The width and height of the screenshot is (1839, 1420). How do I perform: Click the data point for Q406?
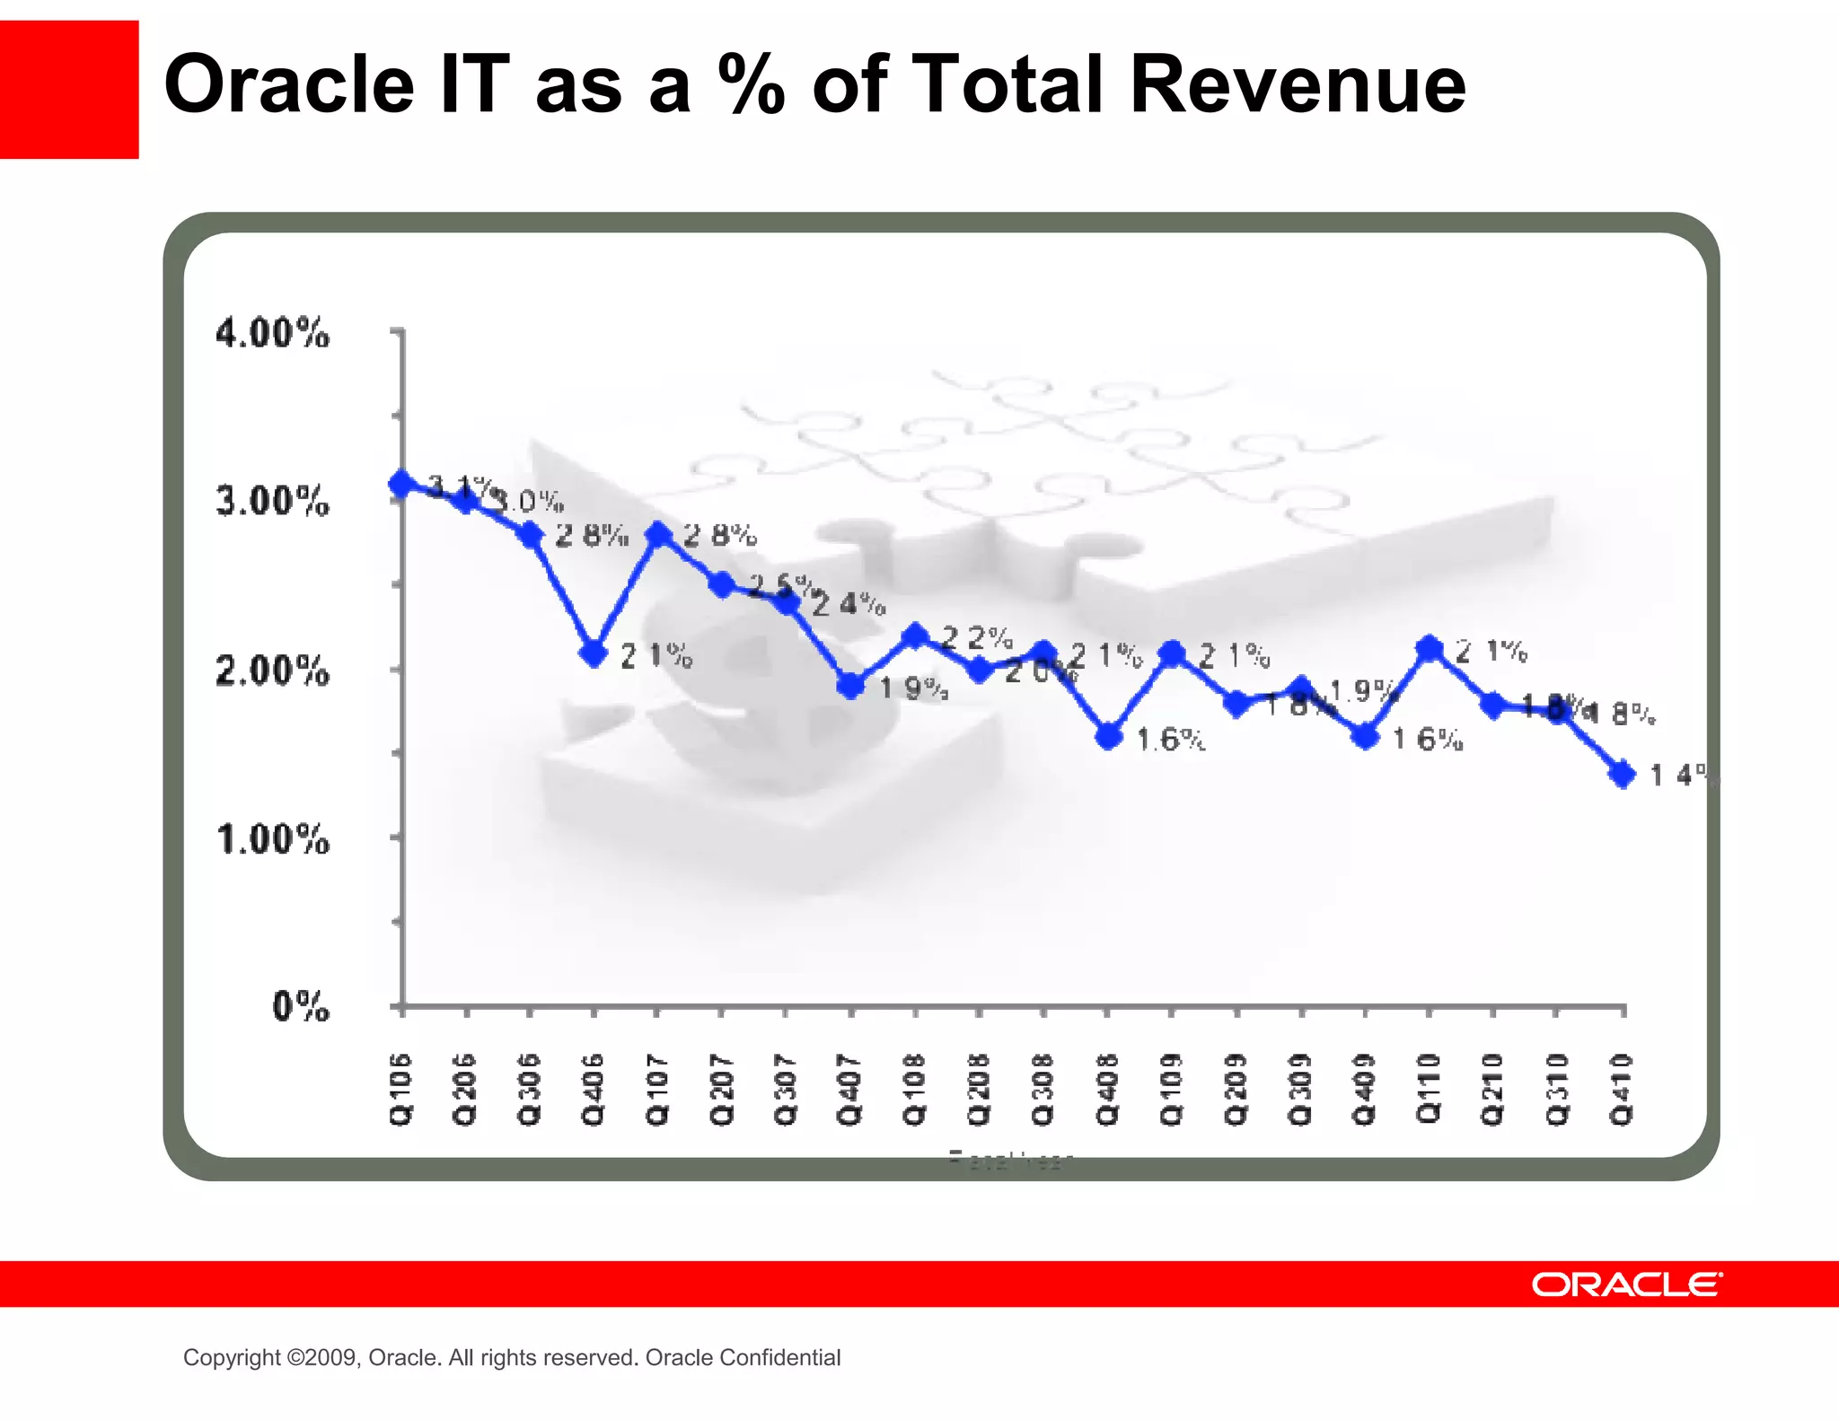[593, 653]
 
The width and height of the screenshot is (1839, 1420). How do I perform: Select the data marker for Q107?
[658, 536]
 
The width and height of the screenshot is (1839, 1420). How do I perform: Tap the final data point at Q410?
[1623, 774]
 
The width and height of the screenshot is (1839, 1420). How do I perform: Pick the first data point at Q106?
[401, 484]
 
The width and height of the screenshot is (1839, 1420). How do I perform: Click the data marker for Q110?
[1429, 648]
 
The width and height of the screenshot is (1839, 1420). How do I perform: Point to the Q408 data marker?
[1109, 737]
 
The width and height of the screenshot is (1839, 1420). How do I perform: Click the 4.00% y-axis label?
[272, 333]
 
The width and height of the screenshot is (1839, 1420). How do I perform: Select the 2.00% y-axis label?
[272, 671]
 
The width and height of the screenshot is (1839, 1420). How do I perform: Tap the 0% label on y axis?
[301, 1006]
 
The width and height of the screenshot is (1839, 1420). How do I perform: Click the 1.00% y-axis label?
[273, 839]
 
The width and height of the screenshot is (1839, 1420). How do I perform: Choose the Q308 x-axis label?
[1043, 1089]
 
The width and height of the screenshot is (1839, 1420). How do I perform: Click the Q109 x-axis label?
[1171, 1089]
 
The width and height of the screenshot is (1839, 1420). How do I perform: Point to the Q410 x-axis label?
[1622, 1089]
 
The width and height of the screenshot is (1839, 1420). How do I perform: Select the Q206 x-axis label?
[465, 1089]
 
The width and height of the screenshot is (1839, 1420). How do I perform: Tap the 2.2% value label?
[977, 638]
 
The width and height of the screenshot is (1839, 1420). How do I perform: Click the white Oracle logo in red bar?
[1626, 1284]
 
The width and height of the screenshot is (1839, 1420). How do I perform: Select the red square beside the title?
[69, 90]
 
